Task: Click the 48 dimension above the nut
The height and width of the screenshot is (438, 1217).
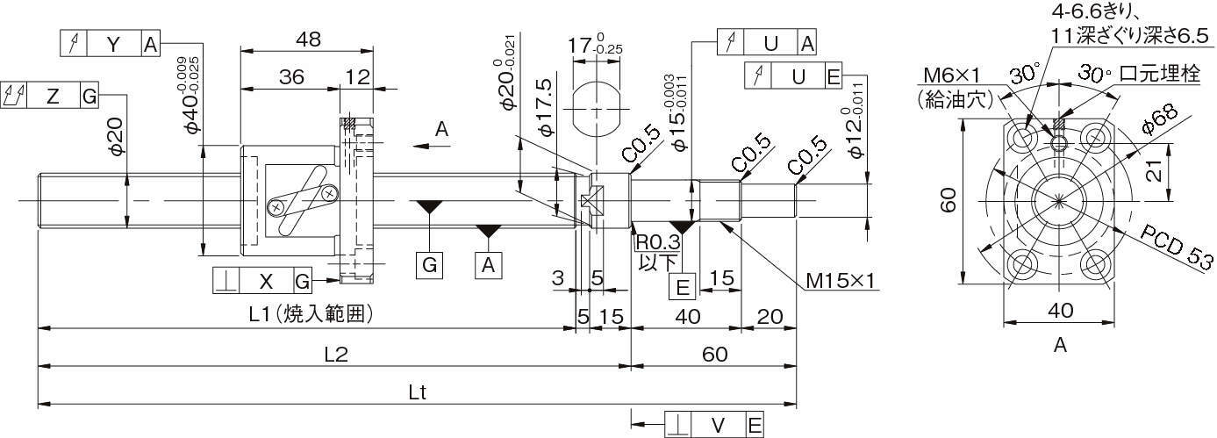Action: pyautogui.click(x=307, y=39)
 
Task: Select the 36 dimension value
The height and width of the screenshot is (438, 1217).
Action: pyautogui.click(x=291, y=77)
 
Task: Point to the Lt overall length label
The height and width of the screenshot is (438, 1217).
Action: pyautogui.click(x=418, y=392)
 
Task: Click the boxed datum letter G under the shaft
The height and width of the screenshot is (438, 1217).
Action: pyautogui.click(x=430, y=264)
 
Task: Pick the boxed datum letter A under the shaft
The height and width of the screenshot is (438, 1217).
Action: pyautogui.click(x=487, y=264)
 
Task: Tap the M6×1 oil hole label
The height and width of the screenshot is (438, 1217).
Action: pyautogui.click(x=960, y=75)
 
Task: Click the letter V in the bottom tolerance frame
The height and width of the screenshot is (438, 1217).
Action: pyautogui.click(x=719, y=425)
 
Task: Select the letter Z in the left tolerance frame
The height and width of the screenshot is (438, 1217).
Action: pyautogui.click(x=53, y=97)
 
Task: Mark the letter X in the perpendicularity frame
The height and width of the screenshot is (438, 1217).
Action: pyautogui.click(x=267, y=282)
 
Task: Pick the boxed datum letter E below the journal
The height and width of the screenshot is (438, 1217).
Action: pyautogui.click(x=681, y=286)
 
